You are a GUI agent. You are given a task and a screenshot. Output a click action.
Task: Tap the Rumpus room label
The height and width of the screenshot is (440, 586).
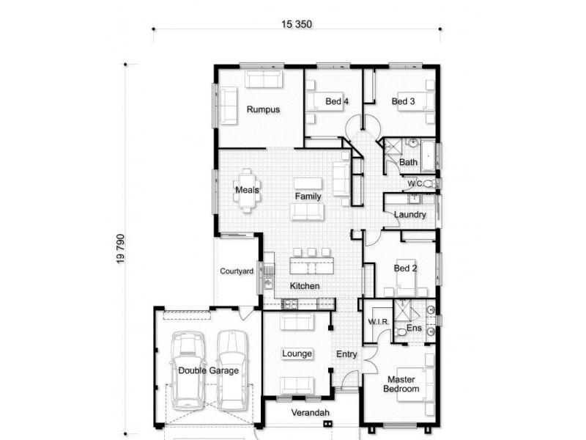pos(263,110)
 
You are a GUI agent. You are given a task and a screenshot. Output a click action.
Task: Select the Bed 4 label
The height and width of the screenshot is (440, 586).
pos(336,101)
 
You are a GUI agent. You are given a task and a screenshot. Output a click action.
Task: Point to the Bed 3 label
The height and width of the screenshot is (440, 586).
pos(403,101)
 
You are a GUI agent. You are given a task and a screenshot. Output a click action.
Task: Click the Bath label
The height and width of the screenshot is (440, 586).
pos(408,162)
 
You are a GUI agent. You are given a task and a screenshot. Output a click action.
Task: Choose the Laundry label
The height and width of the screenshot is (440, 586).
pos(409,215)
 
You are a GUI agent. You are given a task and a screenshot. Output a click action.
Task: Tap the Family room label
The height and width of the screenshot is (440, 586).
pos(308,197)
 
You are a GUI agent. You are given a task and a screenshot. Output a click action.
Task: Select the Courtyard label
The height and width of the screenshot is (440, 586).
pos(237,271)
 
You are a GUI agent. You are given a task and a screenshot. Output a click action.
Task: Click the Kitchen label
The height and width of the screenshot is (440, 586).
pos(304,285)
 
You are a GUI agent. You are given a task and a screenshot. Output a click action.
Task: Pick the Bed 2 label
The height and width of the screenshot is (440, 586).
pos(405,268)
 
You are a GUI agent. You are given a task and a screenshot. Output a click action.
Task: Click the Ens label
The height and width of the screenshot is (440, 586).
pos(414,328)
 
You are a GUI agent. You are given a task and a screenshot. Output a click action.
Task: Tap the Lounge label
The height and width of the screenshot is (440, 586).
pos(297,353)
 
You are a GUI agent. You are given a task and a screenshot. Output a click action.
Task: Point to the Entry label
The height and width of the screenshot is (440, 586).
pos(346,354)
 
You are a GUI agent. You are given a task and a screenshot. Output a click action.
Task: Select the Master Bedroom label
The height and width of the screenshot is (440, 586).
pos(401,384)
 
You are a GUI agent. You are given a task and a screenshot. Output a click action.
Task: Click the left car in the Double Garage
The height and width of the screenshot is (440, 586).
pos(188,370)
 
